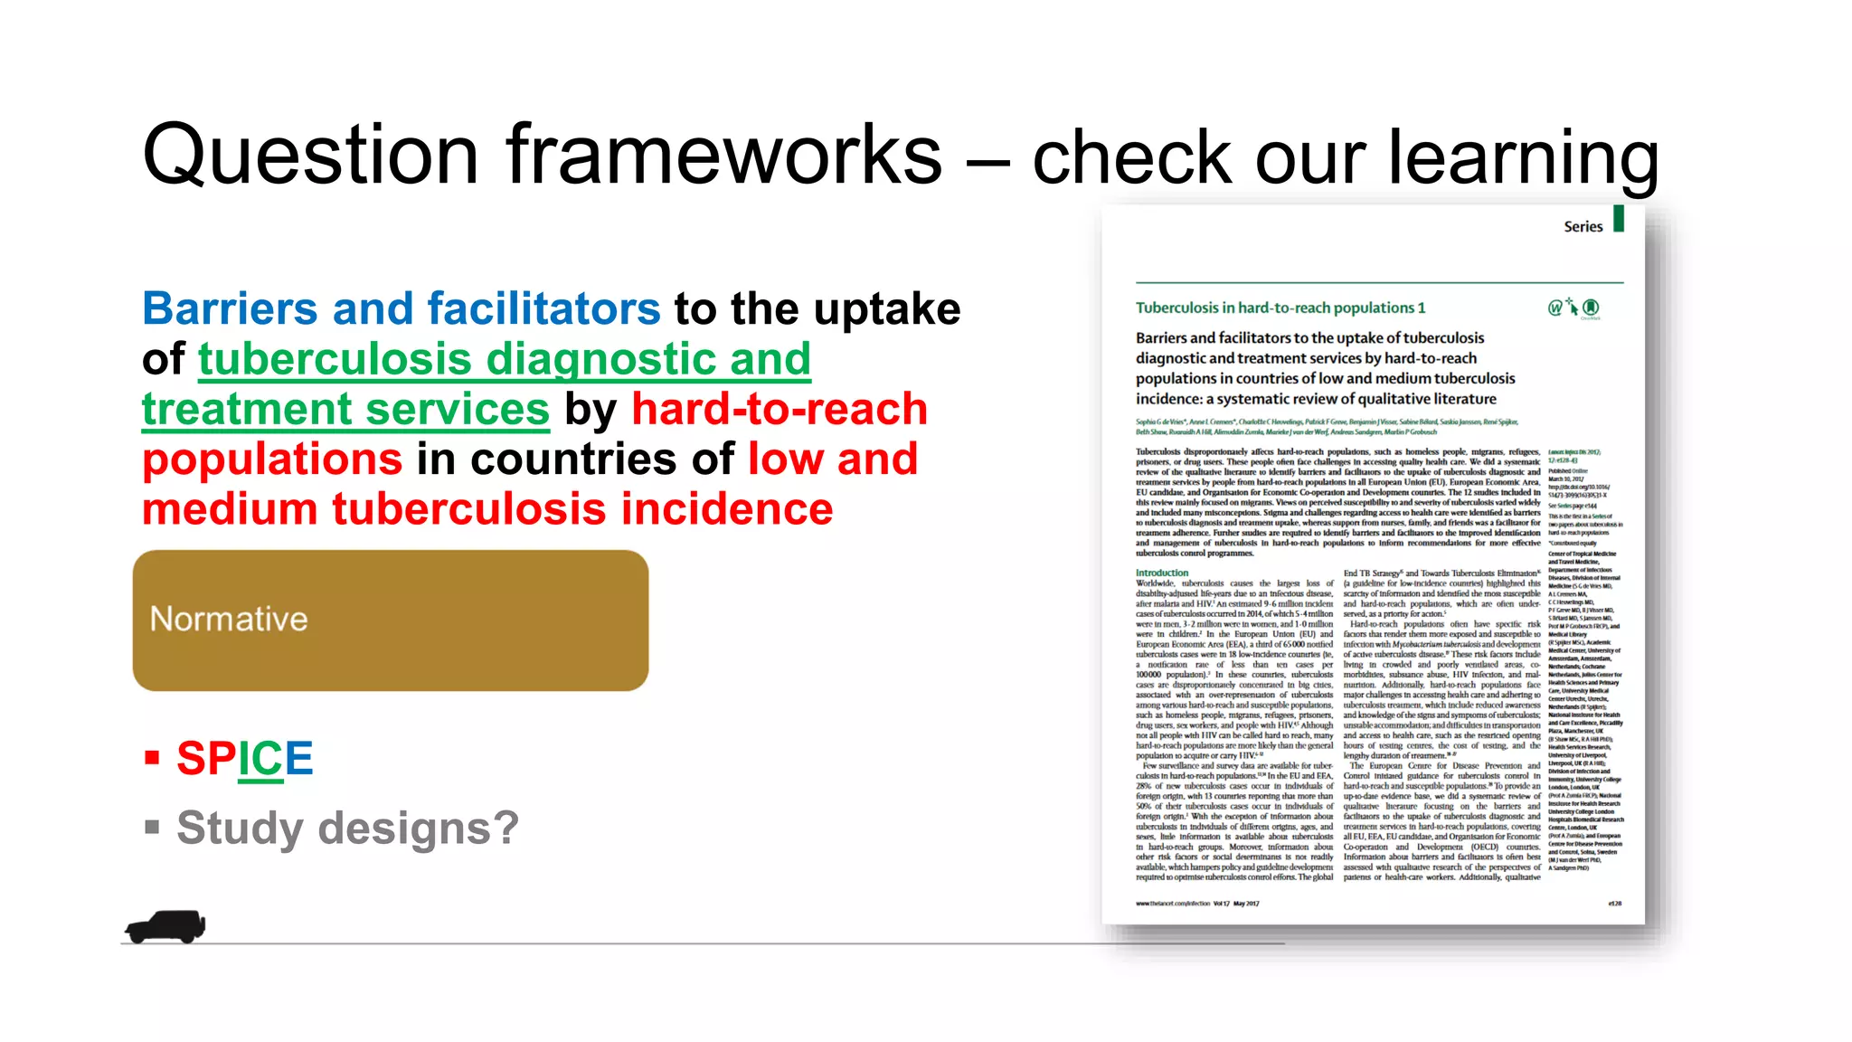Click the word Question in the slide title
pyautogui.click(x=311, y=156)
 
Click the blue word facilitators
pyautogui.click(x=543, y=309)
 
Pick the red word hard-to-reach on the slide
pyautogui.click(x=779, y=410)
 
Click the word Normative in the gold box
pyautogui.click(x=229, y=620)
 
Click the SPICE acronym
pyautogui.click(x=244, y=759)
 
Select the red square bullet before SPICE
pyautogui.click(x=152, y=757)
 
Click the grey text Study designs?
pyautogui.click(x=347, y=829)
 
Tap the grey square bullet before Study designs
pyautogui.click(x=152, y=827)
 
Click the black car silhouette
pyautogui.click(x=166, y=926)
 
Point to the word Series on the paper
pyautogui.click(x=1583, y=227)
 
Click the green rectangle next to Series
pyautogui.click(x=1619, y=219)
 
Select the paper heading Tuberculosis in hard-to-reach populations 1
pyautogui.click(x=1280, y=308)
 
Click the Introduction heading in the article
pyautogui.click(x=1162, y=573)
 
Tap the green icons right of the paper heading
pyautogui.click(x=1573, y=308)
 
